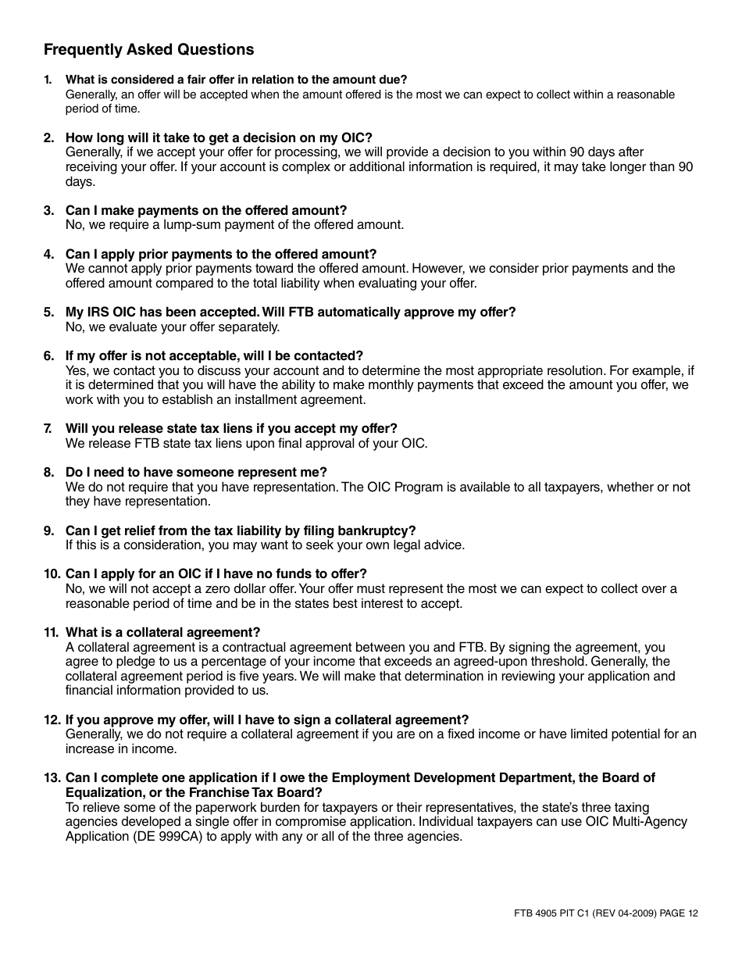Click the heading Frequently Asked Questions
pyautogui.click(x=148, y=50)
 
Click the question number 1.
pyautogui.click(x=48, y=80)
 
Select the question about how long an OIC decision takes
pyautogui.click(x=219, y=138)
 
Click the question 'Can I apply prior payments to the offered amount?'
pyautogui.click(x=221, y=255)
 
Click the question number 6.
pyautogui.click(x=48, y=356)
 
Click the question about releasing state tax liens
pyautogui.click(x=231, y=429)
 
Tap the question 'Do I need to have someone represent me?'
pyautogui.click(x=196, y=473)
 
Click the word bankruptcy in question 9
pyautogui.click(x=375, y=531)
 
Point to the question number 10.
pyautogui.click(x=52, y=574)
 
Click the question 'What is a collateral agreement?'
pyautogui.click(x=162, y=633)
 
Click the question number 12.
pyautogui.click(x=52, y=720)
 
